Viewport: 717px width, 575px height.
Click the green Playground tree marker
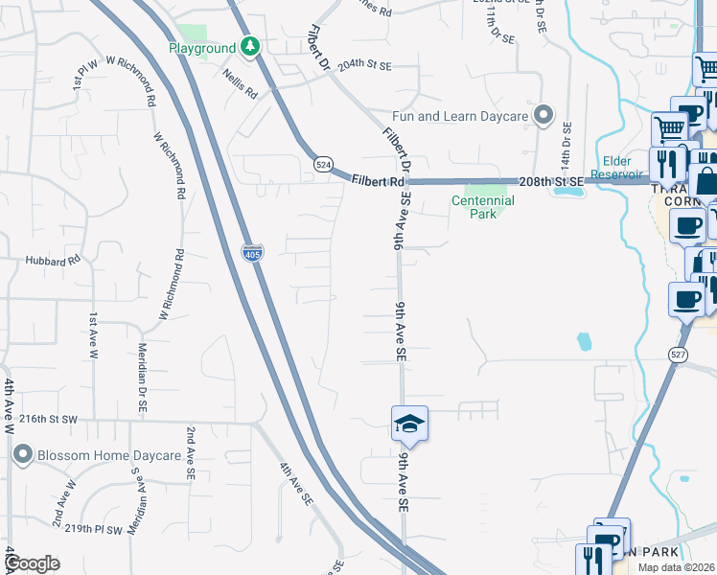pyautogui.click(x=250, y=46)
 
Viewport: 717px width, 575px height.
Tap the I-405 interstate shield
pyautogui.click(x=252, y=251)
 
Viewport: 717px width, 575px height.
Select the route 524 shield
pyautogui.click(x=323, y=165)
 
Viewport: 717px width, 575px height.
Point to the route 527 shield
pyautogui.click(x=678, y=355)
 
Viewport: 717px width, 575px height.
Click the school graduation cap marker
pyautogui.click(x=409, y=425)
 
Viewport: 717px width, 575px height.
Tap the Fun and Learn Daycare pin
pyautogui.click(x=544, y=116)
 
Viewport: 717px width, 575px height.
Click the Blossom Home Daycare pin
pyautogui.click(x=23, y=456)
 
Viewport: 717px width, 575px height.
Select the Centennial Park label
pyautogui.click(x=483, y=207)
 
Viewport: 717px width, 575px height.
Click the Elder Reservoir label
pyautogui.click(x=627, y=167)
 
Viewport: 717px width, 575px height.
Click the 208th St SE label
pyautogui.click(x=550, y=181)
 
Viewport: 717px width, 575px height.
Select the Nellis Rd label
pyautogui.click(x=240, y=83)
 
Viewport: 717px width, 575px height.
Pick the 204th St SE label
pyautogui.click(x=365, y=66)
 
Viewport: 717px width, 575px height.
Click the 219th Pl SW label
pyautogui.click(x=101, y=528)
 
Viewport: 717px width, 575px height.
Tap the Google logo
pyautogui.click(x=32, y=563)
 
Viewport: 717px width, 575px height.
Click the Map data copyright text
pyautogui.click(x=676, y=567)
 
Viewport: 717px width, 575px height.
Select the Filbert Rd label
pyautogui.click(x=377, y=180)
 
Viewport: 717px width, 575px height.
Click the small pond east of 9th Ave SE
pyautogui.click(x=584, y=341)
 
